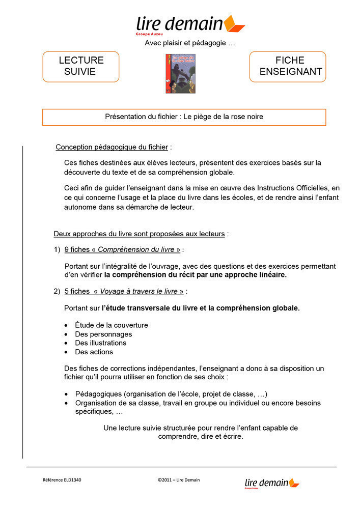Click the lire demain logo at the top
(x=190, y=24)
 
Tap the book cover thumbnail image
(x=173, y=73)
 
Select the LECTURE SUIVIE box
(x=80, y=66)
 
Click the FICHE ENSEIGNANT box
(x=287, y=66)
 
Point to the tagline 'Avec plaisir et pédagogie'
(x=190, y=43)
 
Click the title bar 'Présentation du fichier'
(x=184, y=117)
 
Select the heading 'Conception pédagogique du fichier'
(x=112, y=147)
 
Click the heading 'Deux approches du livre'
(x=139, y=234)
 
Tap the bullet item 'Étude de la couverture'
(x=112, y=325)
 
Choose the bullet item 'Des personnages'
(x=103, y=334)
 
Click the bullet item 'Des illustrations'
(x=100, y=343)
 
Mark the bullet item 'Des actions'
(x=94, y=352)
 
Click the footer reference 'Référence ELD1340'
(x=62, y=480)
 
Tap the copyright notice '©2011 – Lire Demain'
(x=179, y=480)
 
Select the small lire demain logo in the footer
(x=271, y=483)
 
